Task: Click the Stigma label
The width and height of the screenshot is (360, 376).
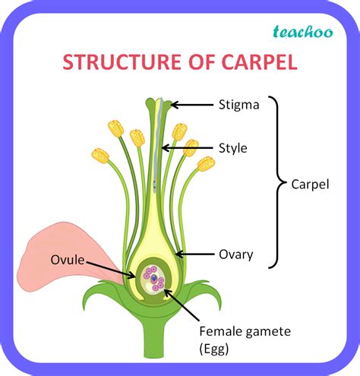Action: pos(239,105)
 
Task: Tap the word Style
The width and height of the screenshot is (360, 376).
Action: pos(233,148)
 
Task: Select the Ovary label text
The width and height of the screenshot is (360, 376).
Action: pos(235,254)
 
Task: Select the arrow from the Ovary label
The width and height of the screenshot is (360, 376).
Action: pos(194,254)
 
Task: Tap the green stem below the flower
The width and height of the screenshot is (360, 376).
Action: pos(157,342)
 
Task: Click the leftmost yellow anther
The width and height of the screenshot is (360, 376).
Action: pos(100,156)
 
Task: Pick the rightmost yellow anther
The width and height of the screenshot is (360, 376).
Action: pos(206,163)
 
